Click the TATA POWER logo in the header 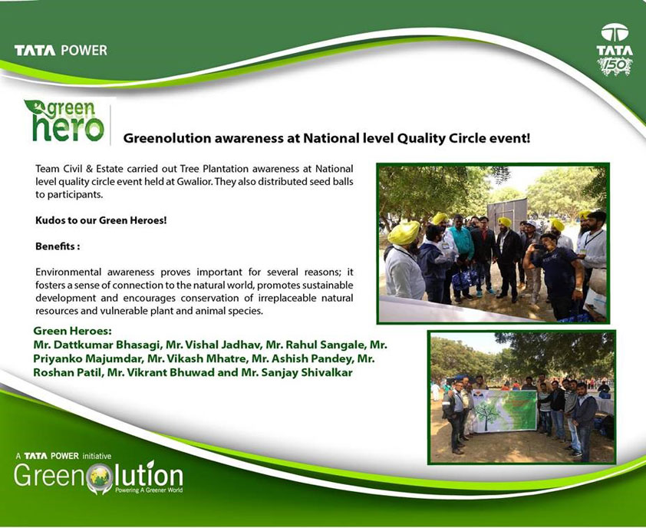61,51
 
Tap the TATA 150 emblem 615,49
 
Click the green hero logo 64,120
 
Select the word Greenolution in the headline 167,138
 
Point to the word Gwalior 196,181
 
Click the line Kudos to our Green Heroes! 101,220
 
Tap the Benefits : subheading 58,246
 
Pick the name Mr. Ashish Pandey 302,358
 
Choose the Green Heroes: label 73,331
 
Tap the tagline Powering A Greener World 149,490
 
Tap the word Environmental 68,272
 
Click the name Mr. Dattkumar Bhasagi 97,344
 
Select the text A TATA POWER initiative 64,456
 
